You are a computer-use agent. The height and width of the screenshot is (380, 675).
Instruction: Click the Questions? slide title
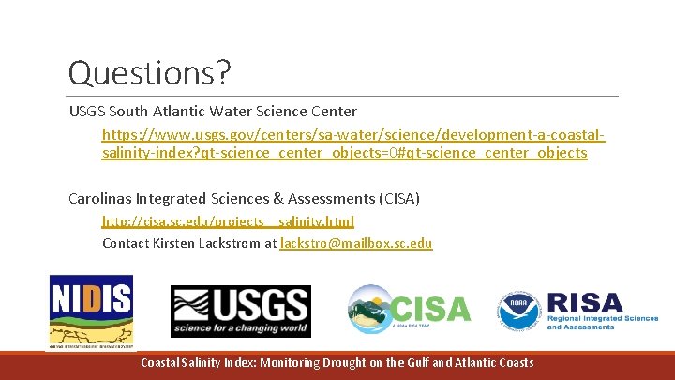pyautogui.click(x=150, y=73)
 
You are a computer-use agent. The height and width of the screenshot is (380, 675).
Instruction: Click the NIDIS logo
pyautogui.click(x=91, y=311)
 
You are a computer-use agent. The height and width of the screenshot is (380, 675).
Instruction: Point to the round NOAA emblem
pyautogui.click(x=517, y=311)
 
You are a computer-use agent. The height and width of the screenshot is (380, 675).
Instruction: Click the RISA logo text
pyautogui.click(x=585, y=303)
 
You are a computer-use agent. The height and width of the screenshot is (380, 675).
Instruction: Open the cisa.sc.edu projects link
pyautogui.click(x=228, y=221)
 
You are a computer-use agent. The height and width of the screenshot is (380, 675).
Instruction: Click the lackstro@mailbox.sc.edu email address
pyautogui.click(x=356, y=243)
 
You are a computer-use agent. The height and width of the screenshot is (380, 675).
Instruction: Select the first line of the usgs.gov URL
pyautogui.click(x=353, y=135)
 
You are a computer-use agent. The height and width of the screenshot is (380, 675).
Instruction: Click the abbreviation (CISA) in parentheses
pyautogui.click(x=397, y=198)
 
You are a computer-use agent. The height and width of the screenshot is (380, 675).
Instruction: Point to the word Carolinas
pyautogui.click(x=100, y=198)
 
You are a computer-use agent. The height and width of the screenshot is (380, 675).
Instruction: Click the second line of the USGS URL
pyautogui.click(x=344, y=153)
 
